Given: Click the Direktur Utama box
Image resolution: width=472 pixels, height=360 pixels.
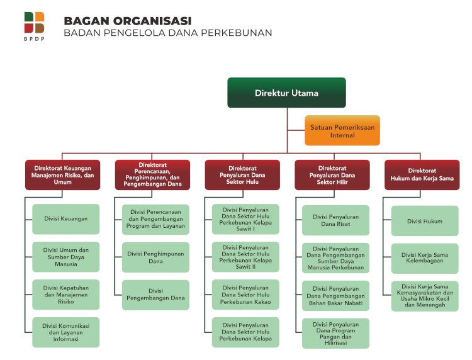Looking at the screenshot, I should tap(286, 93).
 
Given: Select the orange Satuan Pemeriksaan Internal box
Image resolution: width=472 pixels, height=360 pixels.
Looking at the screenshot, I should tap(342, 130).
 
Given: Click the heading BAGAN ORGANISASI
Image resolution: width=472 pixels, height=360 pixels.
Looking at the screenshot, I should tap(128, 21).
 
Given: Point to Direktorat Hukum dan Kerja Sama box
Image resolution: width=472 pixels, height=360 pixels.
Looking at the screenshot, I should tap(422, 174).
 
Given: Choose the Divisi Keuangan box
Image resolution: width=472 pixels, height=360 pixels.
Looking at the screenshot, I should tap(65, 219).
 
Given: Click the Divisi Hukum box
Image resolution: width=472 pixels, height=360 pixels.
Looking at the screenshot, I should tap(425, 221).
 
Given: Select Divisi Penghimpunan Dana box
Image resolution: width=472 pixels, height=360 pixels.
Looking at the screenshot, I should tap(155, 257).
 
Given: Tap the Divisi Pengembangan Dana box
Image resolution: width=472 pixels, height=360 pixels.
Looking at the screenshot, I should tap(155, 295).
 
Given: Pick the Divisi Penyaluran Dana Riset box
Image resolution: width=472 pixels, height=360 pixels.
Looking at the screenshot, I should tap(335, 220).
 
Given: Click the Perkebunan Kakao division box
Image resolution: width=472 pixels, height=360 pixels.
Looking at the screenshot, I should tap(245, 295).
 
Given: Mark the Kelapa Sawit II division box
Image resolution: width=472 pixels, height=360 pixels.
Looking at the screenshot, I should tap(245, 257).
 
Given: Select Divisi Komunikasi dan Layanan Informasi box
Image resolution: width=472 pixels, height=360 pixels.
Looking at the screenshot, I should tap(65, 332).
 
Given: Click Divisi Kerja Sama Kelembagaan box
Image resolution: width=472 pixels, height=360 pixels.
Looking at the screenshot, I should tap(425, 258).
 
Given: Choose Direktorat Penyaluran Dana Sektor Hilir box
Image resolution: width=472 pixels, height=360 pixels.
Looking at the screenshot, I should tap(332, 174).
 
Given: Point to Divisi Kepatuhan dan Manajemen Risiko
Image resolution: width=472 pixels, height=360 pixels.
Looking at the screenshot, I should tap(65, 295).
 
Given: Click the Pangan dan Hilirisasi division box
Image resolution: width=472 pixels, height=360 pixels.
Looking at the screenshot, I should tap(335, 334).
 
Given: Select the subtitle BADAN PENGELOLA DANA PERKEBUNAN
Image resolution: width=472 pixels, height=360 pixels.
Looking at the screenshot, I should tap(167, 33).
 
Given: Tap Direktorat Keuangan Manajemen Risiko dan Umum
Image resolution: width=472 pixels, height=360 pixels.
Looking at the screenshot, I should tap(62, 174).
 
